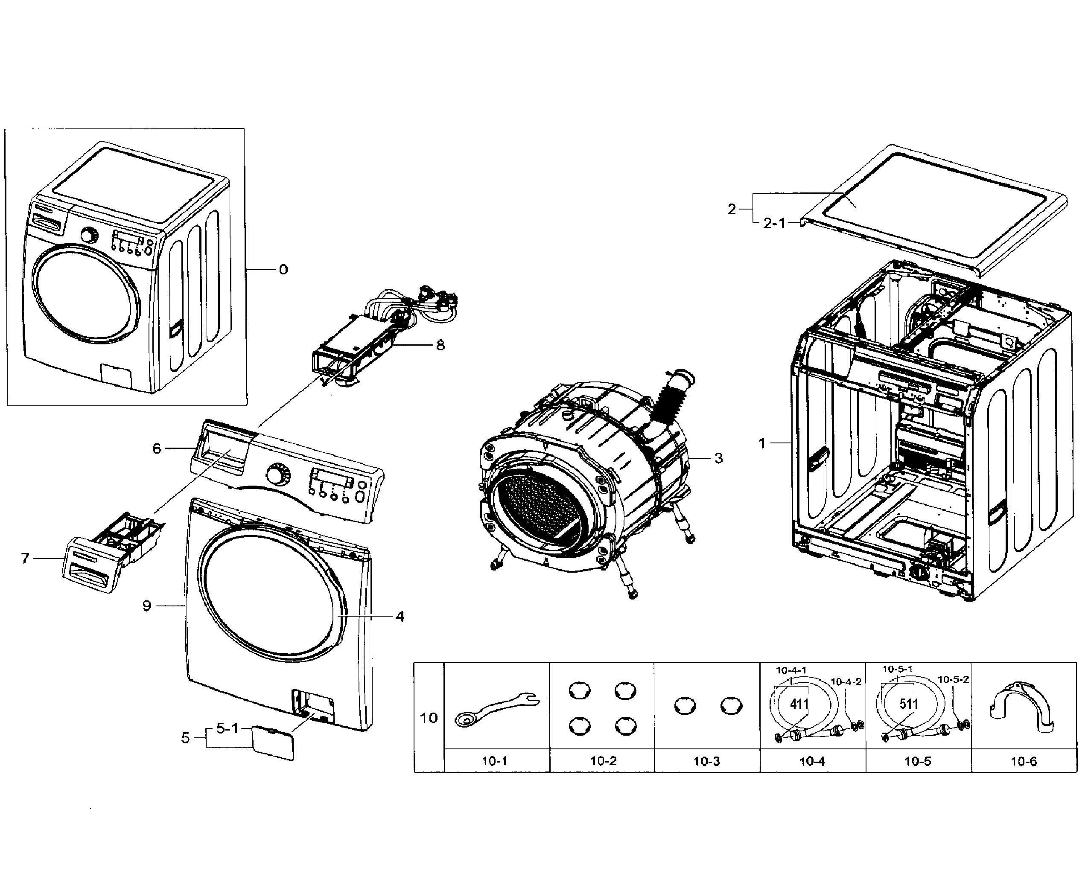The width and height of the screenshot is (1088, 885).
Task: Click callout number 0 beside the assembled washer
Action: tap(283, 270)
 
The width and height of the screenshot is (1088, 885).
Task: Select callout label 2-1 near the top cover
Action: tap(774, 223)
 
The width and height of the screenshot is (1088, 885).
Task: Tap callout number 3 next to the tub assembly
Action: tap(718, 458)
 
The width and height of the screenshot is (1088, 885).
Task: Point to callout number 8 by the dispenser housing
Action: tap(440, 346)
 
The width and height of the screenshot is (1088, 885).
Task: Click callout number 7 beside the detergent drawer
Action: tap(26, 559)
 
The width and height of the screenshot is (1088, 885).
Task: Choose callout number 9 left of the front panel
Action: tap(147, 606)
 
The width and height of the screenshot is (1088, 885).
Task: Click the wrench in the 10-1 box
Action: tap(497, 707)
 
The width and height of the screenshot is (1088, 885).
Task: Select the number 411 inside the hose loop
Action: tap(799, 705)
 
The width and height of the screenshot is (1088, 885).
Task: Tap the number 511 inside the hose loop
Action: tap(909, 705)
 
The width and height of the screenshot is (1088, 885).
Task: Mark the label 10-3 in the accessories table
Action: tap(707, 762)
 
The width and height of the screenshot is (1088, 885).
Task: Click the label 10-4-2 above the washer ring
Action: tap(846, 681)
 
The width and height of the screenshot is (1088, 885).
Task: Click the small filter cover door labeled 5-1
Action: tap(273, 743)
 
